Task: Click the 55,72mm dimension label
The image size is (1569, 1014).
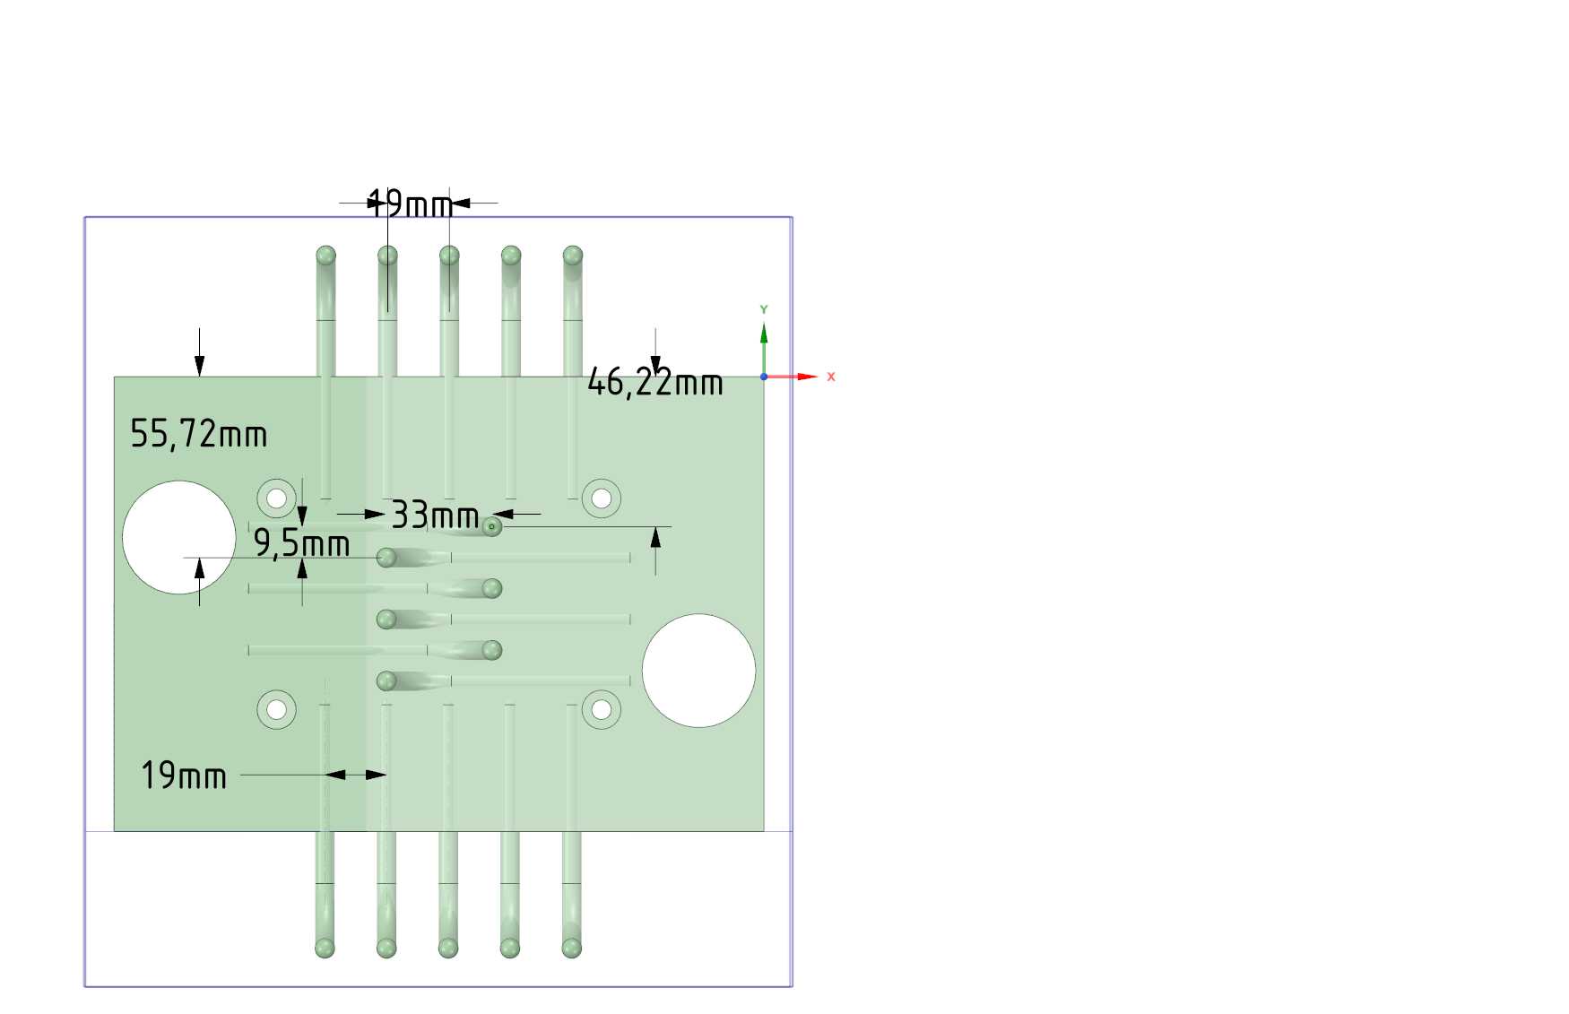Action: pos(199,434)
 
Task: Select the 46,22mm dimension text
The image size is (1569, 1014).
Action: pos(654,383)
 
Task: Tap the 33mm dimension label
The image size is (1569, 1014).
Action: pos(435,516)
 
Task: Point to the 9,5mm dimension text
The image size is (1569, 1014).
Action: pos(301,543)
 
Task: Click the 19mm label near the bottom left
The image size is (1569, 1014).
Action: pos(184,776)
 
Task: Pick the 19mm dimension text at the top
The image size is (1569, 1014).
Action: pos(411,204)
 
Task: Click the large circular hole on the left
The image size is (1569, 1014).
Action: pos(179,537)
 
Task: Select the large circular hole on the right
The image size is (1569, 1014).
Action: pos(698,671)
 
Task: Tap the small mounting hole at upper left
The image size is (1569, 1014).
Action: pos(276,498)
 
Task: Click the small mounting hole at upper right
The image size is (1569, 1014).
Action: pos(602,498)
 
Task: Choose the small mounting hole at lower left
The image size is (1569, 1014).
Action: pos(276,710)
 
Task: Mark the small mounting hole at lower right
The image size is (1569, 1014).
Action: pos(602,710)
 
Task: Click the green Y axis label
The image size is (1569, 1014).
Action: pos(764,309)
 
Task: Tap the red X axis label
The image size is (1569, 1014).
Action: pos(831,377)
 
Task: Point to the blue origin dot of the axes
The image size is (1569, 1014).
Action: pos(764,377)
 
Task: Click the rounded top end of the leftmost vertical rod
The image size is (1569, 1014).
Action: pos(325,256)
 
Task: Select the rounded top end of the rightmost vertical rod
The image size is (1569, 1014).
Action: pos(573,256)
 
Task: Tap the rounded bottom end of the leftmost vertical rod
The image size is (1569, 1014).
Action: pos(325,948)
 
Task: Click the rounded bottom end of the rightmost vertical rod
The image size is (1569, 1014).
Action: pos(571,948)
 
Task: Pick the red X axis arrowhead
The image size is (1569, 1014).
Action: pos(808,377)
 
